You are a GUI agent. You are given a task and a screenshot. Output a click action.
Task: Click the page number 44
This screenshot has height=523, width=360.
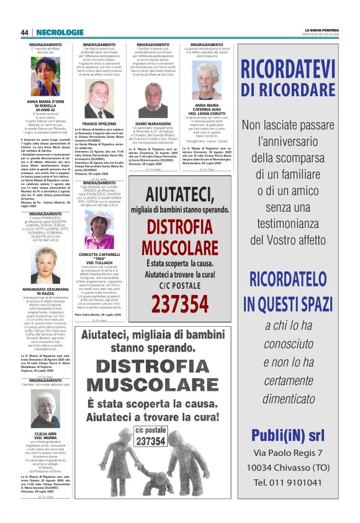[24, 32]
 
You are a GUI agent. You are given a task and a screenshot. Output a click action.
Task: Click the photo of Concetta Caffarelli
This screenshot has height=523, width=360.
[99, 232]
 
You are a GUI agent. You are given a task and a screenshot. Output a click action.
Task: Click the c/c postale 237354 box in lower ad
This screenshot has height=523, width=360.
[150, 435]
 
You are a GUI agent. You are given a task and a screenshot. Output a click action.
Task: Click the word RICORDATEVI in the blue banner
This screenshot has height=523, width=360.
[297, 68]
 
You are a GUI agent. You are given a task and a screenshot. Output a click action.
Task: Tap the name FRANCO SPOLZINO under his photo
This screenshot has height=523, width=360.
[99, 125]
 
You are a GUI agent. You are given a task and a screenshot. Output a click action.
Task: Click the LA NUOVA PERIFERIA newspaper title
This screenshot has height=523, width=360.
[321, 30]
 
